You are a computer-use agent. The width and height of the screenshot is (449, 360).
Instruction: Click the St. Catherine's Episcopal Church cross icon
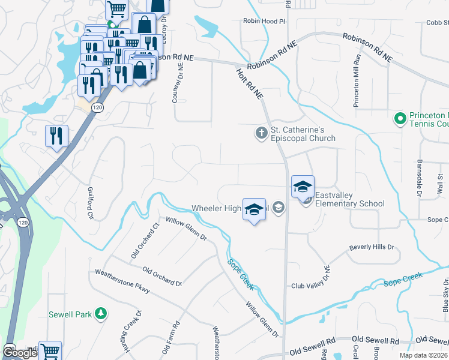pyautogui.click(x=261, y=133)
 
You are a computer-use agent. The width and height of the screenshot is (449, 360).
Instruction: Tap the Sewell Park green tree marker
pyautogui.click(x=101, y=313)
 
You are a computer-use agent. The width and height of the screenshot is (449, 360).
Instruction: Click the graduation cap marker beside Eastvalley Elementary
pyautogui.click(x=303, y=187)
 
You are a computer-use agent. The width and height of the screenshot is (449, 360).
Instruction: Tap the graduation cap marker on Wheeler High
pyautogui.click(x=254, y=209)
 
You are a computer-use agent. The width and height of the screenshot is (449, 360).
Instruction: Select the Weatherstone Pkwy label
pyautogui.click(x=122, y=282)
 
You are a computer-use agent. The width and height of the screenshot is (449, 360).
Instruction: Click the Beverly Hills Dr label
pyautogui.click(x=372, y=247)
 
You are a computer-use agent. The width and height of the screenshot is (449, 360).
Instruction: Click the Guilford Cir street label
pyautogui.click(x=91, y=203)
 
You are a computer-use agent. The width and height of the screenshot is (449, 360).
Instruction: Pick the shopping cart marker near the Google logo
pyautogui.click(x=50, y=350)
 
